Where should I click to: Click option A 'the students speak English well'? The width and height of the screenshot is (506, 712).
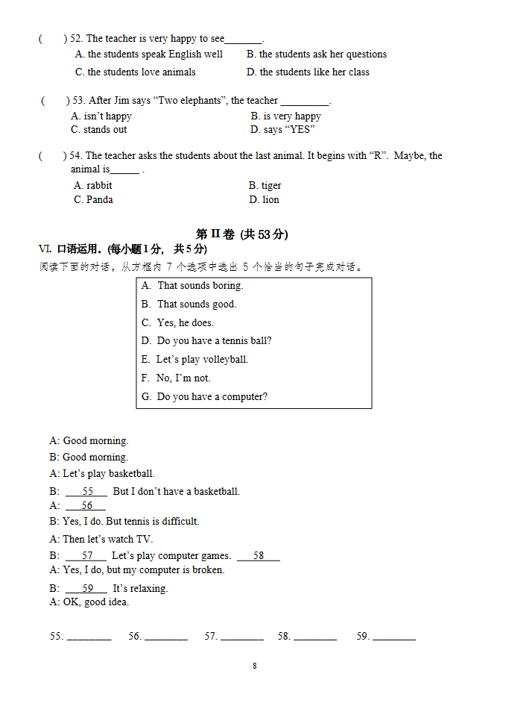[x=149, y=54]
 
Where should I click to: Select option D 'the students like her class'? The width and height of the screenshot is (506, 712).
[x=308, y=72]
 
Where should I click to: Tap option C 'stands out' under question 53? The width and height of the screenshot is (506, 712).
[x=99, y=130]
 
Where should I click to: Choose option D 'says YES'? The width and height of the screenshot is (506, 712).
[x=282, y=130]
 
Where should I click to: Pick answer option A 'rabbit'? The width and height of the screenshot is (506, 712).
[x=93, y=186]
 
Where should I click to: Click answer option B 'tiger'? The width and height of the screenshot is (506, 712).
[x=265, y=186]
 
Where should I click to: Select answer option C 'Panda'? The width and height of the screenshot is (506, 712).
[x=94, y=200]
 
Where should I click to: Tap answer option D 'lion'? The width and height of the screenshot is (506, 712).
[x=265, y=200]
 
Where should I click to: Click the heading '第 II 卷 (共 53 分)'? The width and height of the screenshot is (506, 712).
[x=241, y=234]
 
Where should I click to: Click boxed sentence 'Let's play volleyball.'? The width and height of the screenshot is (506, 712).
[x=202, y=360]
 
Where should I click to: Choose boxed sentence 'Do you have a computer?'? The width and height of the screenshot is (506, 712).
[x=212, y=397]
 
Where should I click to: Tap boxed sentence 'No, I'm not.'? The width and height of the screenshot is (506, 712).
[x=183, y=378]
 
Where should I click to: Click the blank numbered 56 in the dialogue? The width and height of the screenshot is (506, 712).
[x=86, y=506]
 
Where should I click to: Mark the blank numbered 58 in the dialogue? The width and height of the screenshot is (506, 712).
[x=259, y=556]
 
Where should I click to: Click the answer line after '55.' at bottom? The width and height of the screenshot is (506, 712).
[x=89, y=637]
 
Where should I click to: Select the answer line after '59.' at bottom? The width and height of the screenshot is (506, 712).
[x=394, y=637]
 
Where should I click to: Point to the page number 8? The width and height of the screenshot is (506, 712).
[x=254, y=666]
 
